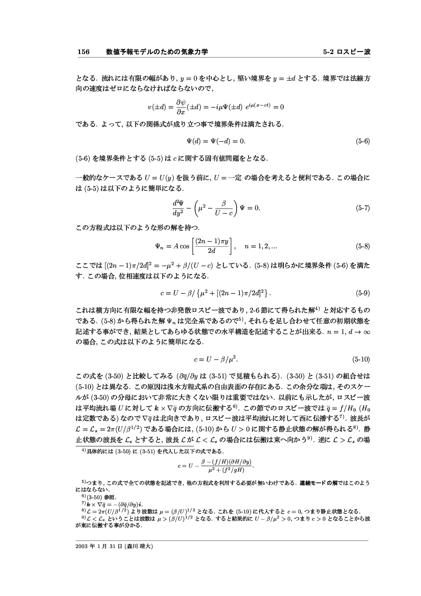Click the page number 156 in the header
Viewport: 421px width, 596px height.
pyautogui.click(x=83, y=52)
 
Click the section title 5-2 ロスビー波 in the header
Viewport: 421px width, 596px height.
pyautogui.click(x=347, y=52)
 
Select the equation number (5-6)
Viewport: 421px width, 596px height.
pyautogui.click(x=362, y=140)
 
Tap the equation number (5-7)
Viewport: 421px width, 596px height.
pyautogui.click(x=362, y=208)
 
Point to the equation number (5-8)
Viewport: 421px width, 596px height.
pyautogui.click(x=362, y=246)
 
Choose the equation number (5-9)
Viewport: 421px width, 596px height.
pyautogui.click(x=362, y=294)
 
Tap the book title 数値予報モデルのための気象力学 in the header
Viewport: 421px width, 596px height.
pyautogui.click(x=159, y=52)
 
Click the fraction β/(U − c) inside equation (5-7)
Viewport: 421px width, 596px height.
pyautogui.click(x=223, y=208)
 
